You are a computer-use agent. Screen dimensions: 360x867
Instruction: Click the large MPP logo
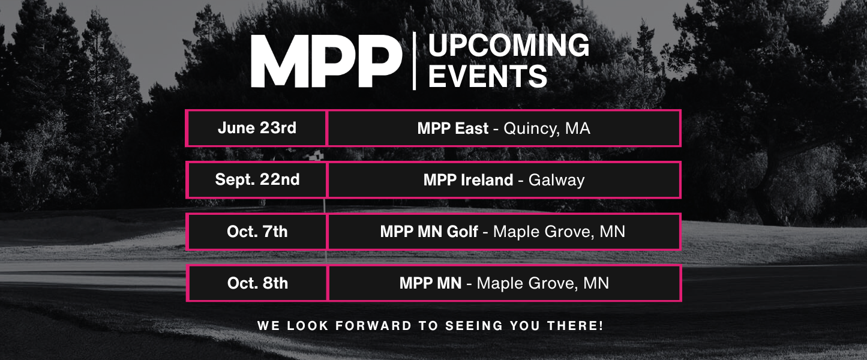click(326, 61)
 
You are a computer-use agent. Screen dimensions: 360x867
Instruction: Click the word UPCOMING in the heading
click(509, 46)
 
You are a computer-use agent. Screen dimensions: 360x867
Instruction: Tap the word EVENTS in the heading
click(488, 76)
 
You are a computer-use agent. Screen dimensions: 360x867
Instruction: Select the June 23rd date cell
click(257, 128)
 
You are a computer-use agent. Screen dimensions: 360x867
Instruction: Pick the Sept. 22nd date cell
click(257, 179)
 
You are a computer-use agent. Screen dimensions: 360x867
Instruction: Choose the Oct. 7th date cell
click(257, 231)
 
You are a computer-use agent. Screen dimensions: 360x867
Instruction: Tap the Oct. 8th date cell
click(257, 283)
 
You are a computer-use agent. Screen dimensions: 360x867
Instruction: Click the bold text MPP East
click(452, 128)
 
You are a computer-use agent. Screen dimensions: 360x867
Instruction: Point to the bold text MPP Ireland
click(468, 179)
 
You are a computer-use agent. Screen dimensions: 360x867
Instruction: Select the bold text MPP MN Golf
click(429, 231)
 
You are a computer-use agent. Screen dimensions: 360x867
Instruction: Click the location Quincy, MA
click(547, 128)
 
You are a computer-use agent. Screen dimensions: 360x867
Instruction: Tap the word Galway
click(556, 179)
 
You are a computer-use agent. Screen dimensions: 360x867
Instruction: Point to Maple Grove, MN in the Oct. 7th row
click(559, 231)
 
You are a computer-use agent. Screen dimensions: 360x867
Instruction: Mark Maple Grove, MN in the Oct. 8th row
click(542, 283)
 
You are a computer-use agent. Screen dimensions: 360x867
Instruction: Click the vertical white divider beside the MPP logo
click(414, 61)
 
